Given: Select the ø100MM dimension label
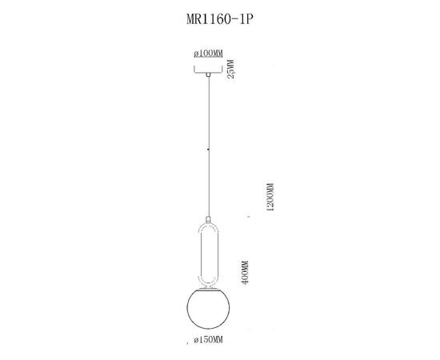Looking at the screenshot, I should (x=209, y=53).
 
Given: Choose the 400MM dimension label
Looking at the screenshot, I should (x=246, y=273).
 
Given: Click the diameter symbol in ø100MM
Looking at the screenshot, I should (x=196, y=53).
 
